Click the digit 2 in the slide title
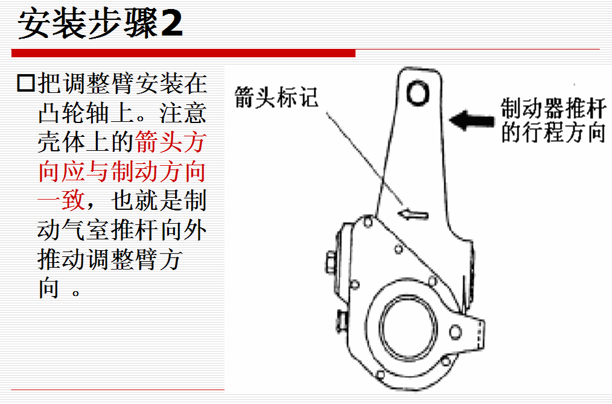172,24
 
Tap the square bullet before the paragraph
26,83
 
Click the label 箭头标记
276,97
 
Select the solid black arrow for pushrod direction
471,120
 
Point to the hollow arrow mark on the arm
413,213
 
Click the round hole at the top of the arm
418,93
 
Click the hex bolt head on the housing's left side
331,262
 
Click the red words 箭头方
171,142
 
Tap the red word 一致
62,200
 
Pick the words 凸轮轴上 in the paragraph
86,113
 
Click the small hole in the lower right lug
455,332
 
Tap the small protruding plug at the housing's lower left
342,321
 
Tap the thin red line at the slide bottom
118,390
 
